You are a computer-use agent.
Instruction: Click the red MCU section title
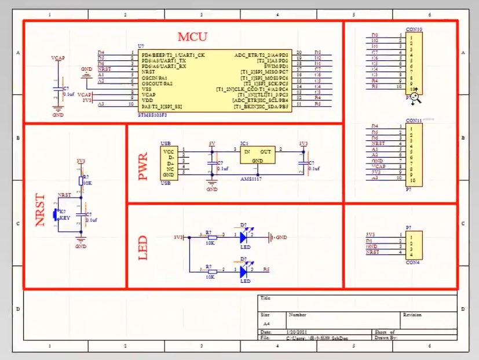pos(192,37)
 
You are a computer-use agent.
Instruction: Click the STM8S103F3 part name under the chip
pos(153,115)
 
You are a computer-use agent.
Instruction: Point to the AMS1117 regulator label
pos(250,180)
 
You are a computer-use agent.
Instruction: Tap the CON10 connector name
pos(414,29)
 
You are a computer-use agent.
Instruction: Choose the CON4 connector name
pos(413,263)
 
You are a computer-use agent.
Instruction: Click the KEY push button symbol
pos(56,214)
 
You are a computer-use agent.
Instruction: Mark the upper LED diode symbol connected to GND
pos(244,237)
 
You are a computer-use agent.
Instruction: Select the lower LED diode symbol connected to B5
pos(244,271)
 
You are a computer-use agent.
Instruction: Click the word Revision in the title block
pos(412,315)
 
